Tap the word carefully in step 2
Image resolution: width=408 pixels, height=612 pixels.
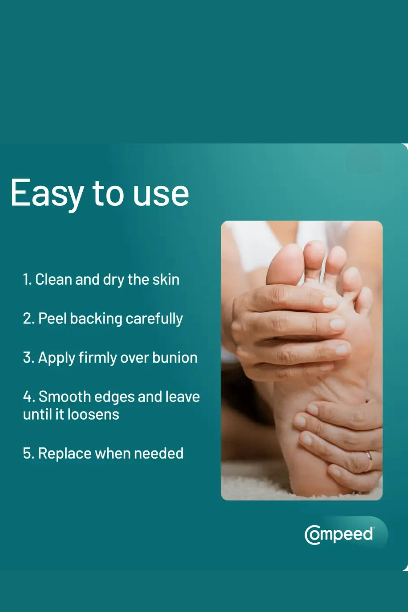[154, 319]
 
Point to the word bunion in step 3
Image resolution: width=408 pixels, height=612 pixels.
[175, 358]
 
